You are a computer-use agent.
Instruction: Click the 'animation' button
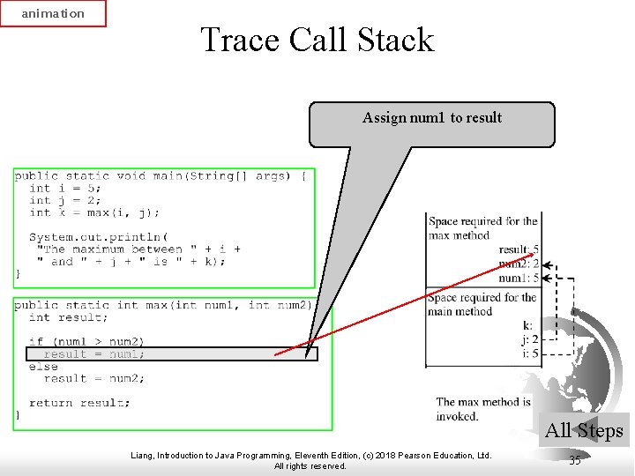point(53,13)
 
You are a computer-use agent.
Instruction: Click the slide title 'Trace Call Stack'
point(317,41)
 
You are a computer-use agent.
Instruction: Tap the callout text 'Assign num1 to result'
point(431,118)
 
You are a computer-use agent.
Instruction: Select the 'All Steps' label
point(584,431)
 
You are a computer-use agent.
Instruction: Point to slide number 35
point(575,460)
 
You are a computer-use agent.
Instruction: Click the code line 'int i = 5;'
point(65,188)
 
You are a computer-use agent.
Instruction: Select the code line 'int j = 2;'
point(65,200)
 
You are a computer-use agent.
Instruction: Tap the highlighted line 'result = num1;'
point(94,354)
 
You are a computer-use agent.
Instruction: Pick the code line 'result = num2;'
point(90,378)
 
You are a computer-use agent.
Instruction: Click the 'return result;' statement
point(79,403)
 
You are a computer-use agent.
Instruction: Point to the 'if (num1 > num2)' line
point(86,341)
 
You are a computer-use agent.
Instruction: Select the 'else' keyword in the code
point(43,366)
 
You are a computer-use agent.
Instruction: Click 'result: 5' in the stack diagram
point(519,250)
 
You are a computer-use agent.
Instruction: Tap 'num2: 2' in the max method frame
point(519,264)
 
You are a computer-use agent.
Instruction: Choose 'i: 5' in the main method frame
point(529,353)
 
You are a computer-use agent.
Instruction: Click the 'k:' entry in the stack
point(527,326)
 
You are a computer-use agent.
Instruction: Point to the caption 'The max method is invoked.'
point(483,409)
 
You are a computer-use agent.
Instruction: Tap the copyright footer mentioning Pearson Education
point(310,460)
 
